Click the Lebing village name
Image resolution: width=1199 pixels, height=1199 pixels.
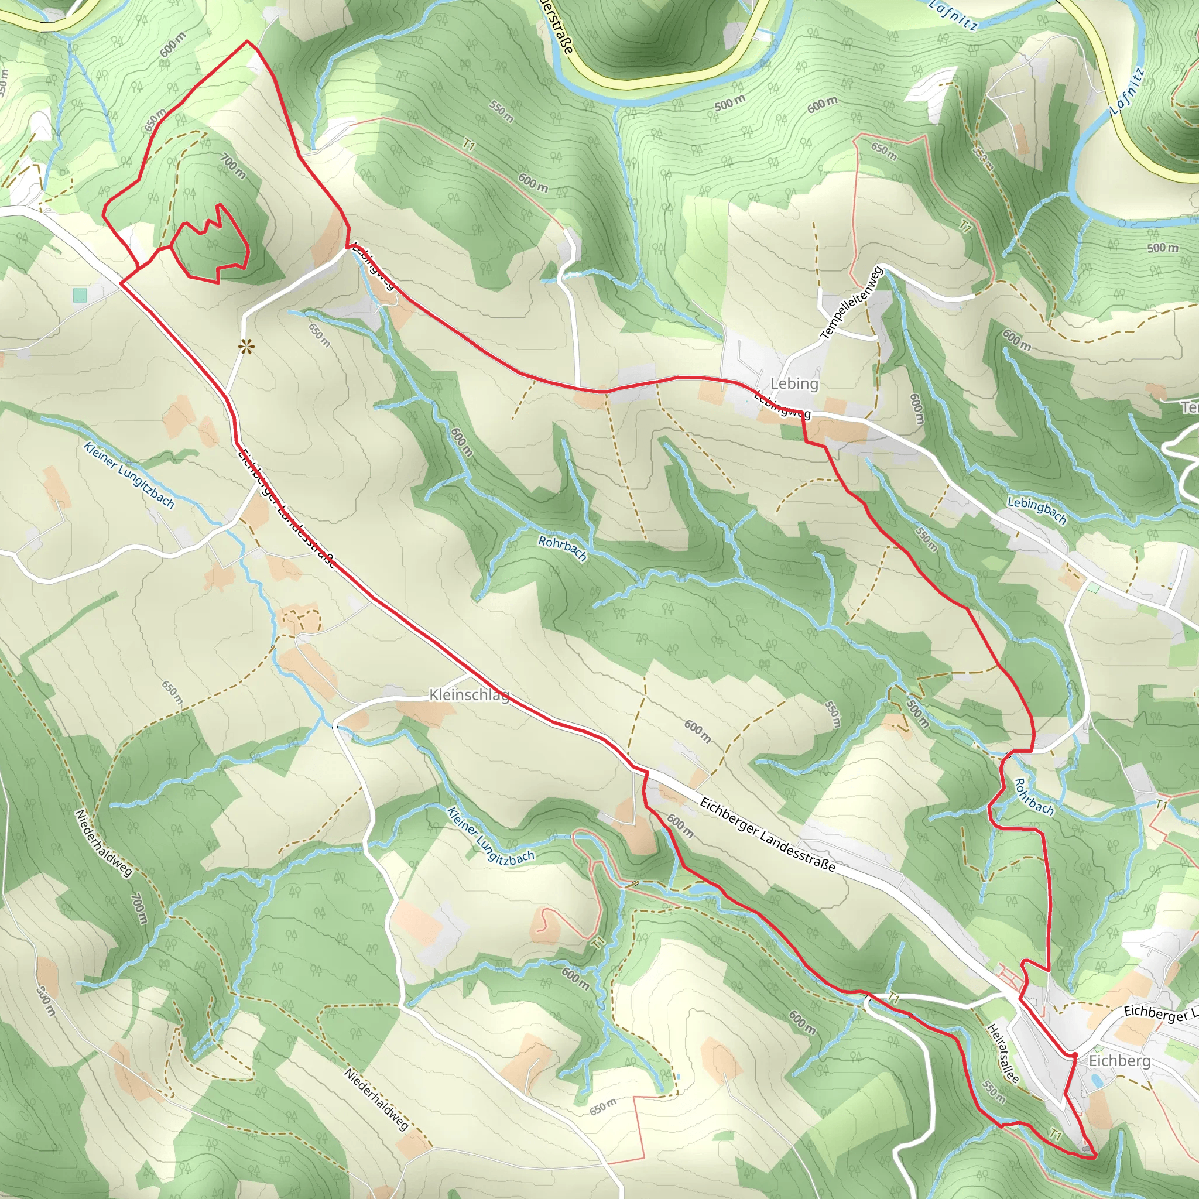point(794,383)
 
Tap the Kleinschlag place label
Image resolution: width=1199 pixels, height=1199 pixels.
point(469,694)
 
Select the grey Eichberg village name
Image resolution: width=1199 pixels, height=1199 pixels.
point(1119,1061)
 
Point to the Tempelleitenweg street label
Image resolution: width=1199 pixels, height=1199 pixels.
point(851,303)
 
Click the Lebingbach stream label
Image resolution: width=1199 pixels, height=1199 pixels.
point(1036,510)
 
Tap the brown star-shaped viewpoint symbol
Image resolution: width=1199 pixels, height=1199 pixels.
point(246,345)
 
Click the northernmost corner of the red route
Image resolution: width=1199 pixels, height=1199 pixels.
point(248,41)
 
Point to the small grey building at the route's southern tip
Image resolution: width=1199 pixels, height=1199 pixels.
point(1085,1149)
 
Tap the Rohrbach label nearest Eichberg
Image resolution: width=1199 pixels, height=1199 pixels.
point(1033,796)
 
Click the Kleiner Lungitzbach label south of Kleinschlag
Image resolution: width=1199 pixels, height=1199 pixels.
point(490,835)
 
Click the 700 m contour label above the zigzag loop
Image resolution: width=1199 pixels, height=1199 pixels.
point(234,166)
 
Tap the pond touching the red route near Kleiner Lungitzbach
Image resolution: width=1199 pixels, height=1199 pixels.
point(697,889)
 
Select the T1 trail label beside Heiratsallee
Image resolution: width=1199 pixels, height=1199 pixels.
point(1056,1135)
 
